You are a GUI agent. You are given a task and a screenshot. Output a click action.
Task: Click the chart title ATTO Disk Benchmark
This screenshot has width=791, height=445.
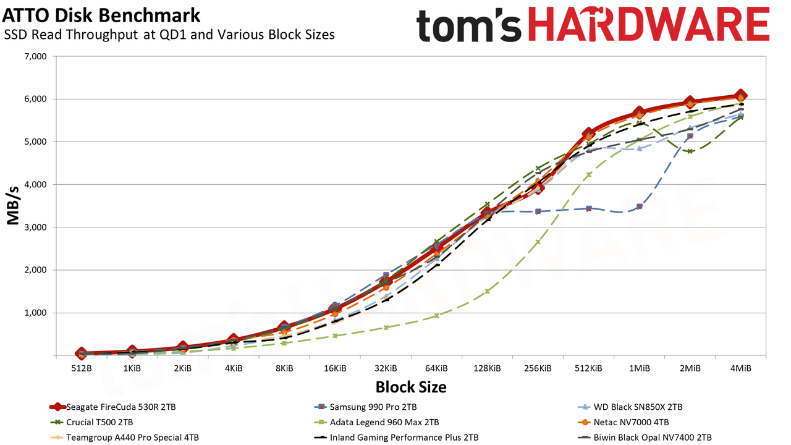pyautogui.click(x=101, y=15)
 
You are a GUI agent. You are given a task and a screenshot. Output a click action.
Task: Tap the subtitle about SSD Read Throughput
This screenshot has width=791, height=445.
pyautogui.click(x=169, y=35)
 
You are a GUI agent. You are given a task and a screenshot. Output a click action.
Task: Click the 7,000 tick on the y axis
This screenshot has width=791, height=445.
pyautogui.click(x=35, y=56)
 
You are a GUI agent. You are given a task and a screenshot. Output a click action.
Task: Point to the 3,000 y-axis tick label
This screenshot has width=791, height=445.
pyautogui.click(x=35, y=227)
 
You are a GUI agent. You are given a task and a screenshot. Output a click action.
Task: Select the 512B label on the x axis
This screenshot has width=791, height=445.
pyautogui.click(x=82, y=368)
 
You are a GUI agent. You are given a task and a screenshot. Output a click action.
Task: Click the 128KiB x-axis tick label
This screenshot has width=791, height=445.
pyautogui.click(x=487, y=368)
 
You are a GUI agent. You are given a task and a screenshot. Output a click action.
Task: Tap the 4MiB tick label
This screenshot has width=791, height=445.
pyautogui.click(x=740, y=368)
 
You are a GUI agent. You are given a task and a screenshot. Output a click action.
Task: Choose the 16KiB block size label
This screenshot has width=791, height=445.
pyautogui.click(x=335, y=368)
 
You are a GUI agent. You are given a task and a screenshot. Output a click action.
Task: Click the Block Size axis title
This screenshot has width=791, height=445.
pyautogui.click(x=411, y=387)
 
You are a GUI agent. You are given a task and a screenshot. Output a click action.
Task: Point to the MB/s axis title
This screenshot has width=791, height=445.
pyautogui.click(x=13, y=206)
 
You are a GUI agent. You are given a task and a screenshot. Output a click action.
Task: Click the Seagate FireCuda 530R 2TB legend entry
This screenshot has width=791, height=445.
pyautogui.click(x=113, y=407)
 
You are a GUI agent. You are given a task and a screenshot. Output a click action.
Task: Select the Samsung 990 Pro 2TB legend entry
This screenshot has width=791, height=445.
pyautogui.click(x=365, y=407)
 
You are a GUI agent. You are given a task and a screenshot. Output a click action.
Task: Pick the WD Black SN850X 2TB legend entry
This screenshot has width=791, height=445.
pyautogui.click(x=630, y=407)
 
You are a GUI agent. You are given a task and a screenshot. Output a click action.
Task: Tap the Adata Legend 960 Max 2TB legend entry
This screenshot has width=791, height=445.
pyautogui.click(x=376, y=422)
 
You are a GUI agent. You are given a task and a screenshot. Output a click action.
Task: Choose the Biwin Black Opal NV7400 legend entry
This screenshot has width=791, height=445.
pyautogui.click(x=645, y=437)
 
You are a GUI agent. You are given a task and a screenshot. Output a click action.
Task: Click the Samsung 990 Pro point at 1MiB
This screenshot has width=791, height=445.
pyautogui.click(x=639, y=206)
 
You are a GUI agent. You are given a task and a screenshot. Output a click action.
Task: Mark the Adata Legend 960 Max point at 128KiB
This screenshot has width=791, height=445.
pyautogui.click(x=487, y=291)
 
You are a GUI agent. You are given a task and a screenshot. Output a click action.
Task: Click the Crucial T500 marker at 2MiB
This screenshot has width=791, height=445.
pyautogui.click(x=690, y=151)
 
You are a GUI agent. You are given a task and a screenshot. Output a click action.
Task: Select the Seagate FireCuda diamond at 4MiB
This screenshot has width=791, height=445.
pyautogui.click(x=740, y=96)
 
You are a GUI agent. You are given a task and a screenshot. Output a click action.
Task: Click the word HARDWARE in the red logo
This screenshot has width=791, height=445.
pyautogui.click(x=649, y=25)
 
